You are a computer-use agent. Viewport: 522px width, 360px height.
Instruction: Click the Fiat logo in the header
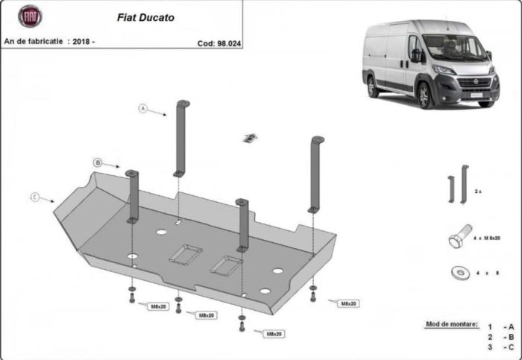click(x=31, y=16)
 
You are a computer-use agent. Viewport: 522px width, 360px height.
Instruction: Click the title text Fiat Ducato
click(x=146, y=17)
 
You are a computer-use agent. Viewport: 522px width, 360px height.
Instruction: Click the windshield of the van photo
click(x=453, y=48)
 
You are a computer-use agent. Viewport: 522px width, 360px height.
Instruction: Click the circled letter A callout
click(x=142, y=108)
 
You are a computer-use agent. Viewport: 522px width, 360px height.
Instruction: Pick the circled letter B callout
click(x=97, y=162)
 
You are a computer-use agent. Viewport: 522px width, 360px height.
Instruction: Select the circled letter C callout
click(x=34, y=197)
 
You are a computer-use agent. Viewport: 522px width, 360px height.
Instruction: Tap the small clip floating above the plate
click(x=251, y=136)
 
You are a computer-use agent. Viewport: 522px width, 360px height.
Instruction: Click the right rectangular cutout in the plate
click(x=226, y=263)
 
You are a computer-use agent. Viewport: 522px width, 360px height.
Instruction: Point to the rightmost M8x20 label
click(x=348, y=303)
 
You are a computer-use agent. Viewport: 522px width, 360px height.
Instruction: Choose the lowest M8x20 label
click(x=274, y=333)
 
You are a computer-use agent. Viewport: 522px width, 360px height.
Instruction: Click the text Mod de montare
click(x=451, y=324)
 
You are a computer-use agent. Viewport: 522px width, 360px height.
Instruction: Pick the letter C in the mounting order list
click(x=511, y=347)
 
